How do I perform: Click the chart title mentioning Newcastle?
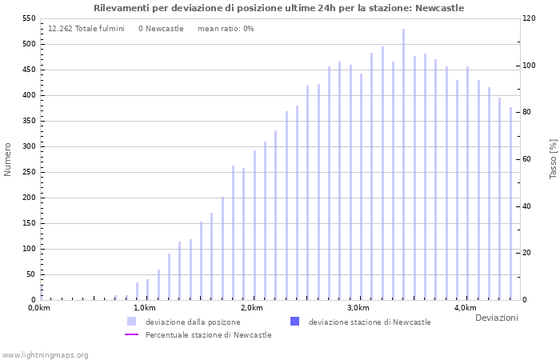pyautogui.click(x=278, y=8)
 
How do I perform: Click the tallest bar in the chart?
pyautogui.click(x=403, y=164)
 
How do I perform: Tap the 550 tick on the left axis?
pyautogui.click(x=29, y=18)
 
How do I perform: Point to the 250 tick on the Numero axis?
pyautogui.click(x=29, y=198)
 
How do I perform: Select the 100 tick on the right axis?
pyautogui.click(x=530, y=66)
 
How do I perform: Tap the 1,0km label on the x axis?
pyautogui.click(x=144, y=308)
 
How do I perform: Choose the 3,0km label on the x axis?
pyautogui.click(x=358, y=308)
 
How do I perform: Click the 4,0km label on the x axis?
pyautogui.click(x=465, y=308)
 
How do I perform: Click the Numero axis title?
pyautogui.click(x=8, y=159)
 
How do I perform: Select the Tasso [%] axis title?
pyautogui.click(x=553, y=159)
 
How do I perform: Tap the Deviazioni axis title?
pyautogui.click(x=496, y=318)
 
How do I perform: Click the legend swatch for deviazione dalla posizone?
pyautogui.click(x=131, y=322)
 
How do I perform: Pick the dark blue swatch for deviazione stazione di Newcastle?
pyautogui.click(x=294, y=322)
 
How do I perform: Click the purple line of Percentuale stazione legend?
pyautogui.click(x=132, y=334)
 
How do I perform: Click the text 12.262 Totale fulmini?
pyautogui.click(x=86, y=28)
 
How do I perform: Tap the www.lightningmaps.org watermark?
pyautogui.click(x=46, y=354)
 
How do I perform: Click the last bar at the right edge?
pyautogui.click(x=510, y=204)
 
